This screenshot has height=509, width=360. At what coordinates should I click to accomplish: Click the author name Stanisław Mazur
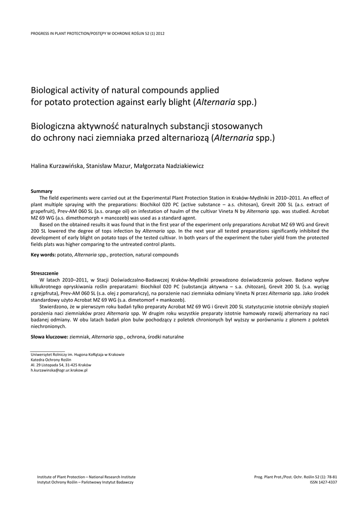(x=108, y=166)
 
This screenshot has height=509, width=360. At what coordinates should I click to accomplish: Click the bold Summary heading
(x=41, y=191)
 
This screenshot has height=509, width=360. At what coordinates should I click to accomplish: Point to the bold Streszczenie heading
(x=45, y=273)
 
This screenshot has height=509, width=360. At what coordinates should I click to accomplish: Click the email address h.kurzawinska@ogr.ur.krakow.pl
(x=59, y=370)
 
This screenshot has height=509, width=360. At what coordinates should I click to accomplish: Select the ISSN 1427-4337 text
(x=323, y=482)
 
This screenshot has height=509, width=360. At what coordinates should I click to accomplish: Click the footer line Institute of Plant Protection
(x=86, y=477)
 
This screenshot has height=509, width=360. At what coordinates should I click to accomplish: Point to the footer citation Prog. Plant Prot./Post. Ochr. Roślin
(x=295, y=477)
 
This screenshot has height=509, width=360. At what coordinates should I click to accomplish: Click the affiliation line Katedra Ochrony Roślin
(x=51, y=359)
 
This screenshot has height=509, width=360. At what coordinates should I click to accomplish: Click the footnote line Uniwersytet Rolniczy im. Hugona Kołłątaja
(x=78, y=354)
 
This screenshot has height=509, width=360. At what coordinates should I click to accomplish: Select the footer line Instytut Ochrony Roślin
(x=86, y=482)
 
